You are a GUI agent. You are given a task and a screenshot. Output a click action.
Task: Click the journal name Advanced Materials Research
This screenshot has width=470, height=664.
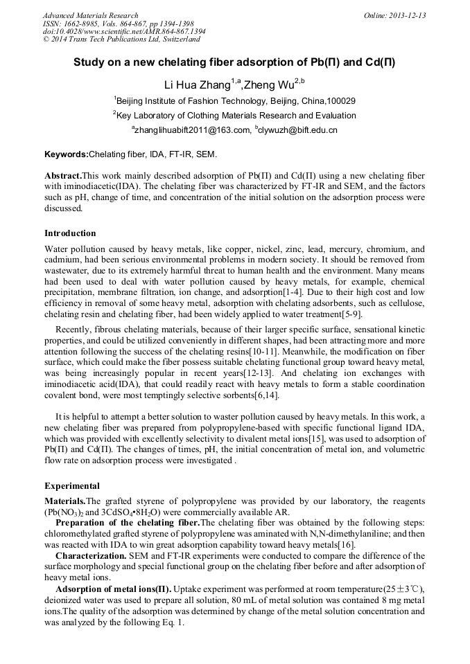click(90, 15)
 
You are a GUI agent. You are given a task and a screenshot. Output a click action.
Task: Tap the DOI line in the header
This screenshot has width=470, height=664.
click(124, 32)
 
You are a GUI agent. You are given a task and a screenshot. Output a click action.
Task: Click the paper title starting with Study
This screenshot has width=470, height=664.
click(235, 62)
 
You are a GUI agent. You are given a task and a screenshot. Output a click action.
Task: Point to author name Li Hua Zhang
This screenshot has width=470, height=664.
click(196, 85)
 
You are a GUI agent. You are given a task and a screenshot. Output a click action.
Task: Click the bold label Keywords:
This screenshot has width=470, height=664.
click(67, 154)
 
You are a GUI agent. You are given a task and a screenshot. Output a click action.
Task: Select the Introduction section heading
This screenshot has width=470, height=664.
click(70, 233)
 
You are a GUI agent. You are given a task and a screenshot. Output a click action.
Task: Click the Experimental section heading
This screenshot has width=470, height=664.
click(72, 485)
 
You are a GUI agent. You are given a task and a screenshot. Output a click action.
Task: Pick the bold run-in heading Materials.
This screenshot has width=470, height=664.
click(65, 500)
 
